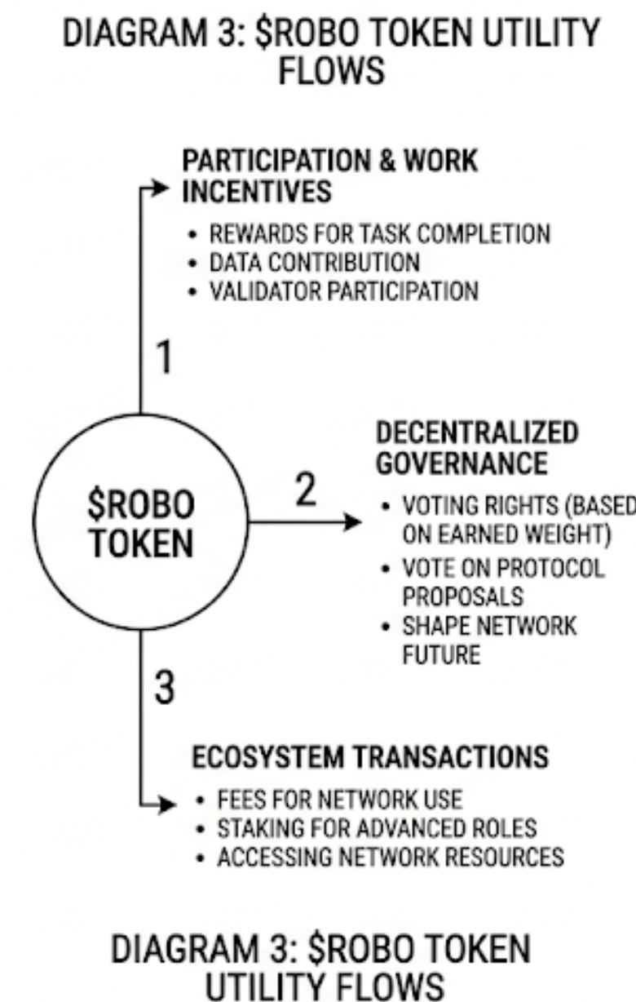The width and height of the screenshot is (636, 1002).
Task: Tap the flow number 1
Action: click(x=165, y=360)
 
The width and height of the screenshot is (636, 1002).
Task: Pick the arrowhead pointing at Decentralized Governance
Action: click(x=351, y=521)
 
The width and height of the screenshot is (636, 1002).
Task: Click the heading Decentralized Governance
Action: click(x=476, y=447)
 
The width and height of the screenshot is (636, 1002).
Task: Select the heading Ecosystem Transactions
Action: click(x=370, y=757)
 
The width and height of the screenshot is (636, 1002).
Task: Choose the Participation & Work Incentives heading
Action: click(x=330, y=176)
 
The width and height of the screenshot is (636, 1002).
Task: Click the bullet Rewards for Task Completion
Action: click(x=379, y=235)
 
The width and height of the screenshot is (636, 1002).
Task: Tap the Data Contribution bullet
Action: click(x=315, y=263)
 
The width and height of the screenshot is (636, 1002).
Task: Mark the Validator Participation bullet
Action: click(x=343, y=290)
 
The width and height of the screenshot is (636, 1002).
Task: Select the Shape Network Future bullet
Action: click(x=488, y=640)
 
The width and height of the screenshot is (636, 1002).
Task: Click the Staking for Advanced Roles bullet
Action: click(x=376, y=830)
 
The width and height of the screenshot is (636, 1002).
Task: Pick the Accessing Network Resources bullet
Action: click(x=390, y=858)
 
